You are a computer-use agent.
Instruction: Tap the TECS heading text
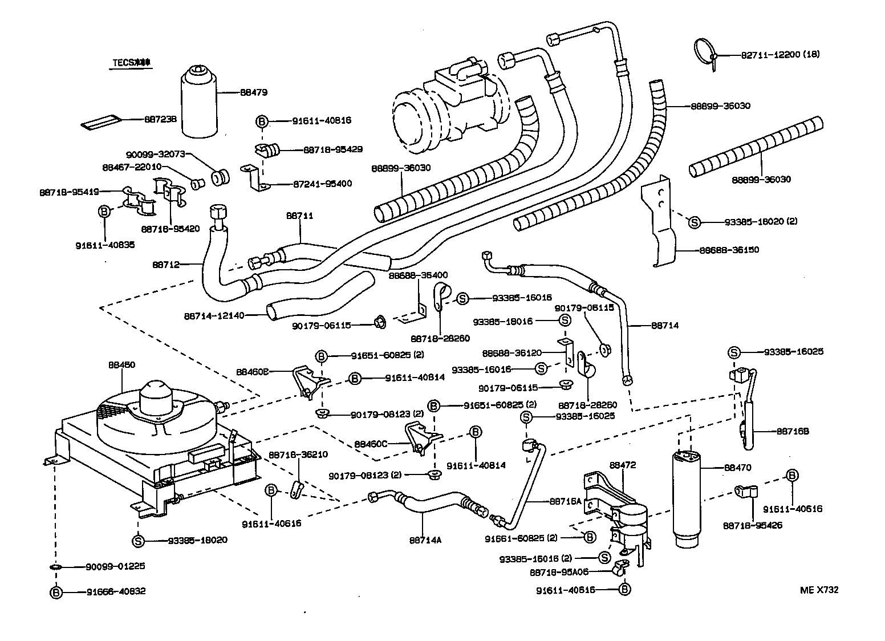pyautogui.click(x=131, y=63)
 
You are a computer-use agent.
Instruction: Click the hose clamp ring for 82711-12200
pyautogui.click(x=705, y=51)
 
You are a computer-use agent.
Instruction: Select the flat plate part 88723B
pyautogui.click(x=102, y=123)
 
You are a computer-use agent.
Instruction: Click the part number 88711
pyautogui.click(x=300, y=216)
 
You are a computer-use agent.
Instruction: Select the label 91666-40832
pyautogui.click(x=116, y=591)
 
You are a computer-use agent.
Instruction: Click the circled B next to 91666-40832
pyautogui.click(x=56, y=592)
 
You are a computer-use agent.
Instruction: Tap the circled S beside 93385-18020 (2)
pyautogui.click(x=694, y=222)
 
